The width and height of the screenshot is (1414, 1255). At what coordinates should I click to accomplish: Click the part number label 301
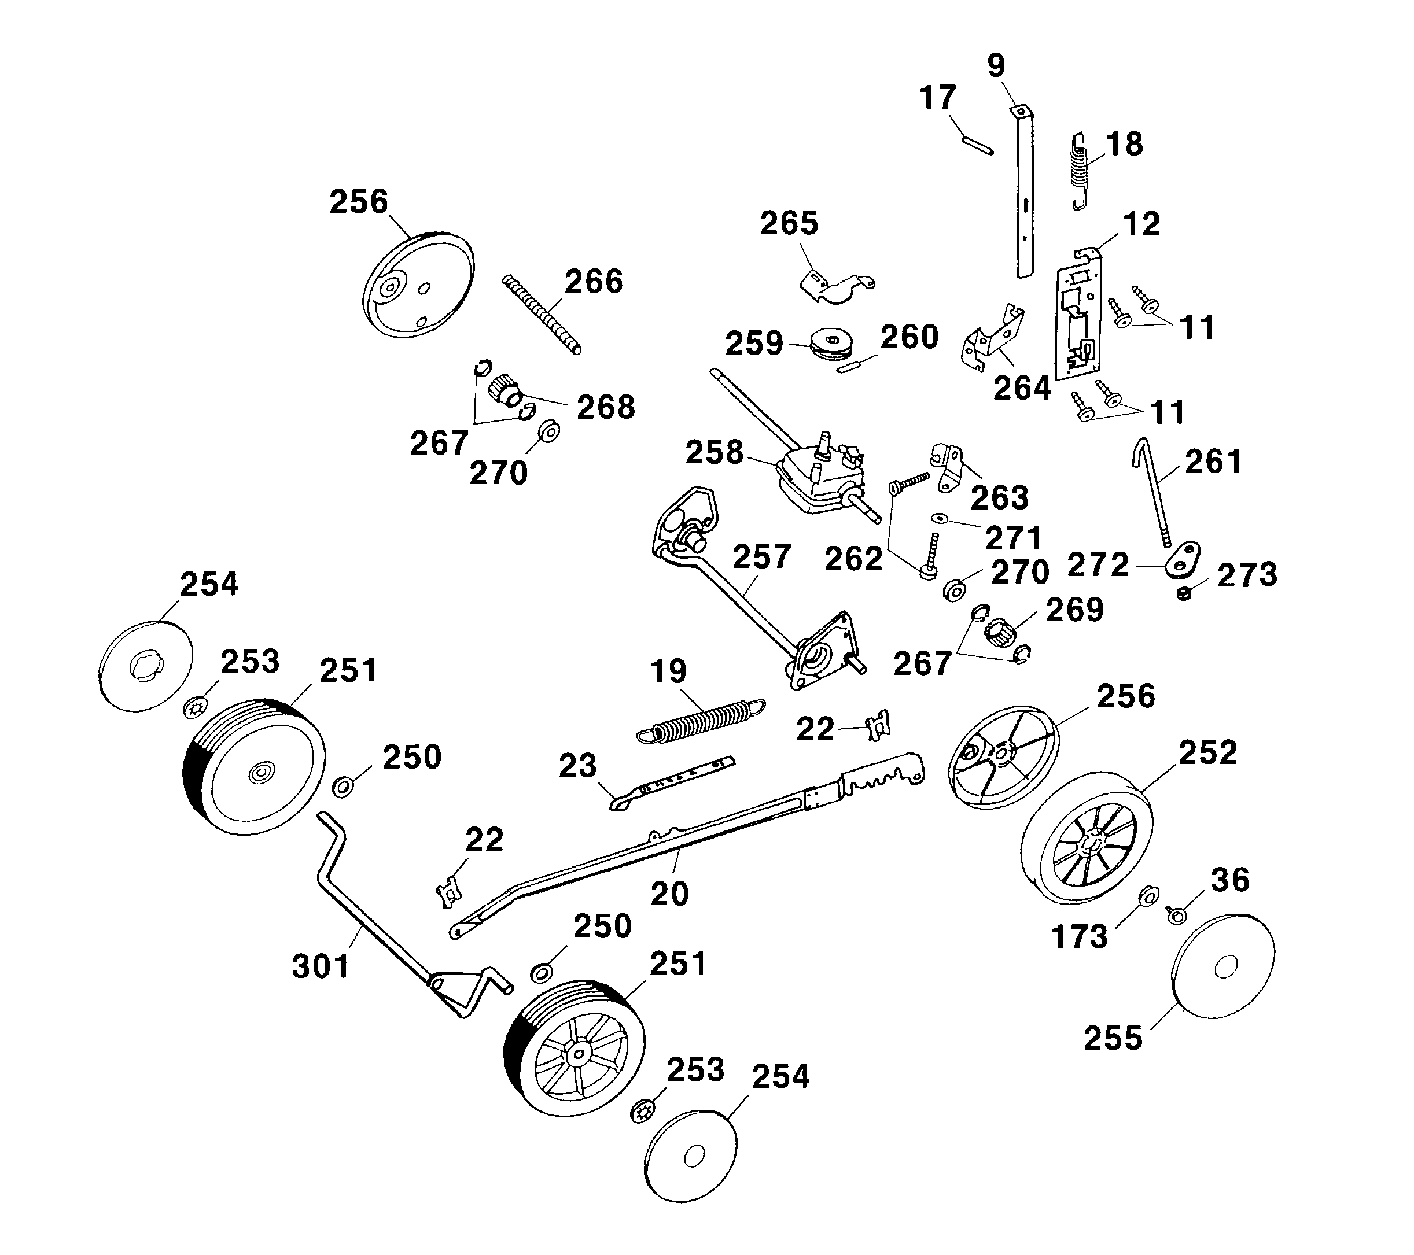pos(321,966)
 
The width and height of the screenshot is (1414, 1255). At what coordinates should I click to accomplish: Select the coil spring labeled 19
pos(699,721)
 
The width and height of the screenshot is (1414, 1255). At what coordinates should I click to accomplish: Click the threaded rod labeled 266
pos(542,314)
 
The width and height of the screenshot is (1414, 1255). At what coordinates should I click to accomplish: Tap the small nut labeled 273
pos(1184,593)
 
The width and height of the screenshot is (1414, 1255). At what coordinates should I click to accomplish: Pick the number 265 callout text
pos(789,223)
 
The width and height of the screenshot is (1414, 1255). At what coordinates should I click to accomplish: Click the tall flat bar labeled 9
pos(1025,194)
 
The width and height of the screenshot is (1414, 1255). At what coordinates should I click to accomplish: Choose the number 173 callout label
pos(1079,938)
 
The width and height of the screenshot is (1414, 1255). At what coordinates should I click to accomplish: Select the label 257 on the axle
pos(761,556)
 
